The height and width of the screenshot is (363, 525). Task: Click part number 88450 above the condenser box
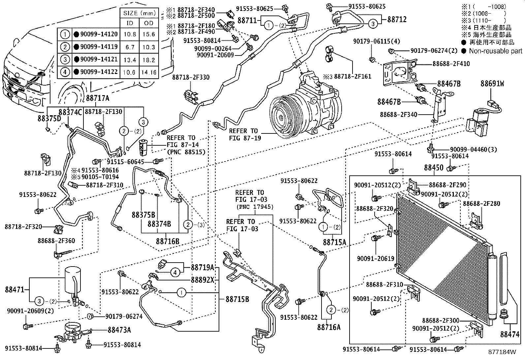pyautogui.click(x=433, y=167)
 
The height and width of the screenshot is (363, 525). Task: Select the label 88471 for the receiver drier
pyautogui.click(x=15, y=290)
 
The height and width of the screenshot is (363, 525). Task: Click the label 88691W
pyautogui.click(x=492, y=84)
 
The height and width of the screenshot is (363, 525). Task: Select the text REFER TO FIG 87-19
pyautogui.click(x=245, y=134)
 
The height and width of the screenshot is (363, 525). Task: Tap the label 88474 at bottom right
pyautogui.click(x=510, y=334)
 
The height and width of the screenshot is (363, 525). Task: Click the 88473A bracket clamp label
pyautogui.click(x=119, y=329)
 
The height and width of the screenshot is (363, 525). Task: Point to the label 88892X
pyautogui.click(x=202, y=279)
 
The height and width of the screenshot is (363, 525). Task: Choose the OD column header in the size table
pyautogui.click(x=149, y=23)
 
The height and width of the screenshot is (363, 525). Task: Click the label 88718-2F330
pyautogui.click(x=191, y=77)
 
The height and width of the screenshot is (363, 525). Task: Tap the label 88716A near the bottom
pyautogui.click(x=328, y=327)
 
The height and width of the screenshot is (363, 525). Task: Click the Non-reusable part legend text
pyautogui.click(x=495, y=51)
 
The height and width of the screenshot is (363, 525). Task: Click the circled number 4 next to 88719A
pyautogui.click(x=175, y=272)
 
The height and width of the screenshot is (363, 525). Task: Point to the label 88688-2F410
pyautogui.click(x=451, y=64)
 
